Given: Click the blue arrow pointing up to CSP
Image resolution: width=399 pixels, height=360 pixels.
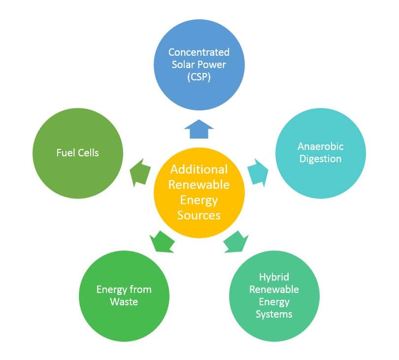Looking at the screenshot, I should tap(199, 130).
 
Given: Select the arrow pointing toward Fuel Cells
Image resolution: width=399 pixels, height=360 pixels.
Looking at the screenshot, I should tap(140, 173).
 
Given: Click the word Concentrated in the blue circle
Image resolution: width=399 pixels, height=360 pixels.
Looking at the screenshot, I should tap(199, 52).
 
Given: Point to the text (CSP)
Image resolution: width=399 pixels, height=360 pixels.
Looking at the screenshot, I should tap(199, 76).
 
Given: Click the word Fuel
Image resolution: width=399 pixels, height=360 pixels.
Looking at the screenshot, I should tap(66, 152).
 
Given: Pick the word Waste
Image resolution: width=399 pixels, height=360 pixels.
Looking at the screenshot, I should tap(124, 301).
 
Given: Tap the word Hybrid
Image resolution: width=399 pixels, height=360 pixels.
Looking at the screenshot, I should tap(273, 277).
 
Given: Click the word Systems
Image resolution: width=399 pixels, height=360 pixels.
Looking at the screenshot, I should tap(274, 314).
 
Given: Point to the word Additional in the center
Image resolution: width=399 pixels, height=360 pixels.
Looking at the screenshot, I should tap(199, 170).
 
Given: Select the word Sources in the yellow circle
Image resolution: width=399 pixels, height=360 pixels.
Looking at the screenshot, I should tap(199, 215).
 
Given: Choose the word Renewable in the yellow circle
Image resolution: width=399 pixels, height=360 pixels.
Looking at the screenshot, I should tap(199, 184).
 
